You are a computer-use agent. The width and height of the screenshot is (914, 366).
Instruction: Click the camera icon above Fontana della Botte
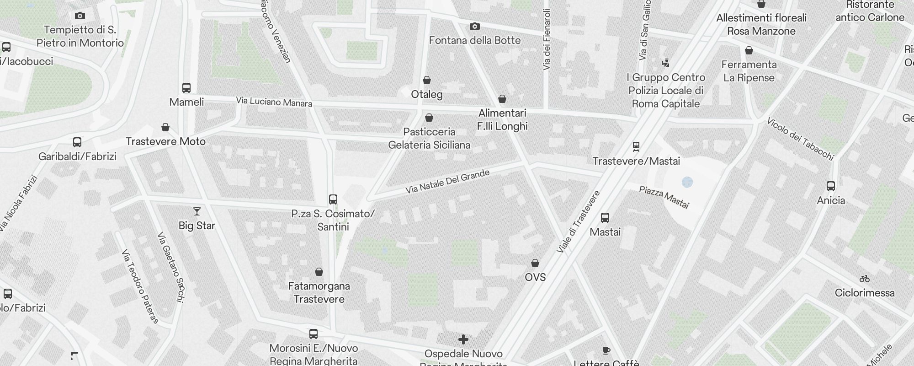(475, 27)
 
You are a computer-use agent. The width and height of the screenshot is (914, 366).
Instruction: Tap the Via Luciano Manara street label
(274, 102)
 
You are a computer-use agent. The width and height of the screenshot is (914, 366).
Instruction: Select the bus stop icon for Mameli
(186, 87)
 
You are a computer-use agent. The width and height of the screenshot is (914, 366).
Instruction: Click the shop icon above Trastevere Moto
(165, 127)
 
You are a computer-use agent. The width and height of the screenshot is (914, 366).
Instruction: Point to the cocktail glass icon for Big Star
(197, 211)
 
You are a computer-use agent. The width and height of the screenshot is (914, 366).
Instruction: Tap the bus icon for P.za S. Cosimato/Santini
(333, 199)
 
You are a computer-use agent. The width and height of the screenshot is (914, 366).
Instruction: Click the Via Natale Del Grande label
(447, 181)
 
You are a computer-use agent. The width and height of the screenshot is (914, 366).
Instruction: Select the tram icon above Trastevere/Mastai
(636, 147)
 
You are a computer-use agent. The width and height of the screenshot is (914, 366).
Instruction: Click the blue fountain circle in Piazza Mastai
(687, 183)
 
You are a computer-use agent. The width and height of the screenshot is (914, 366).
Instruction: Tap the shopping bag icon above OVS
(535, 263)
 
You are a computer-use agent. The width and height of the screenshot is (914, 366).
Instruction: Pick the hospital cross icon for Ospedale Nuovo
(463, 339)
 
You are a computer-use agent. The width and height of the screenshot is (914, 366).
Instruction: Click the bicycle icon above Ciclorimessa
(864, 279)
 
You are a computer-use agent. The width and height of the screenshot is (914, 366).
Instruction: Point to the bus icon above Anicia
(831, 186)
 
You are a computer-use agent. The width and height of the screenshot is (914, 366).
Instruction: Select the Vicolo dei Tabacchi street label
(800, 139)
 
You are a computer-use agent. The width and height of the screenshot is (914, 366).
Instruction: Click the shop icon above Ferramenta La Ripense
(749, 50)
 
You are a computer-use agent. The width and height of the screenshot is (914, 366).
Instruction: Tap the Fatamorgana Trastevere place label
(319, 292)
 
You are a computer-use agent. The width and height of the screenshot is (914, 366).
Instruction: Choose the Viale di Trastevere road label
(579, 222)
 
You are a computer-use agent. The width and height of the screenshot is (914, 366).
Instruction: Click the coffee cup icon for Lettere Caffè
(606, 351)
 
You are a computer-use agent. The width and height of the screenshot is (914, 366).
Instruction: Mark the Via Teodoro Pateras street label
(140, 286)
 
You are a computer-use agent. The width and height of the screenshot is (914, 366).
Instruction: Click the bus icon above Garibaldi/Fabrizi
(77, 142)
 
